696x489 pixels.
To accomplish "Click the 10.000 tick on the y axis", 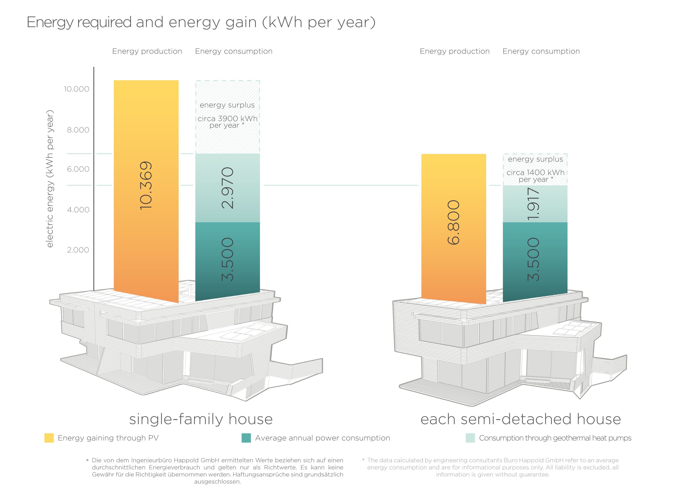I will [76, 89].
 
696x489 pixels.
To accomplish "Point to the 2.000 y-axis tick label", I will [78, 250].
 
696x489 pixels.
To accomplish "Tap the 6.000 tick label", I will [78, 169].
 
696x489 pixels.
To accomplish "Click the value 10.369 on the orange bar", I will [146, 185].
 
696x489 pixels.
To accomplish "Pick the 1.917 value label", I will [534, 204].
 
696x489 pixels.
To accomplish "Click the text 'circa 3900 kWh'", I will [227, 119].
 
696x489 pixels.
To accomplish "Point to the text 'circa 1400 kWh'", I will [535, 172].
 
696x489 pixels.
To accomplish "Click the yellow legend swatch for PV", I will [49, 438].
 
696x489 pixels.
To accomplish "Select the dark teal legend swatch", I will [246, 438].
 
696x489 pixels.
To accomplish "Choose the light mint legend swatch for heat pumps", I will [470, 438].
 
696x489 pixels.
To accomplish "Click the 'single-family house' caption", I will [201, 419].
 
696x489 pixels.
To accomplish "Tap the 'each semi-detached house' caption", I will [520, 419].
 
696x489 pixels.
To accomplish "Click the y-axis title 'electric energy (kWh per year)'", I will [50, 179].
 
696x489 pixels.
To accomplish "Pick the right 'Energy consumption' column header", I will [541, 51].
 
